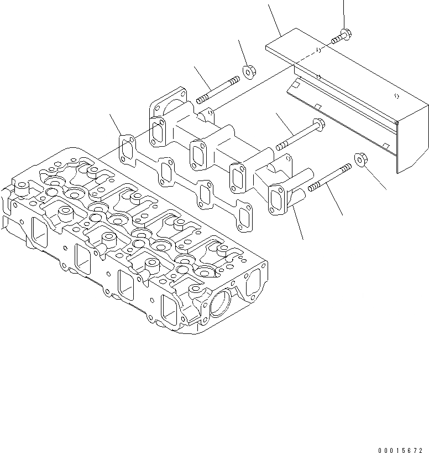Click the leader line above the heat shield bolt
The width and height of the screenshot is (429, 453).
[344, 12]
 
